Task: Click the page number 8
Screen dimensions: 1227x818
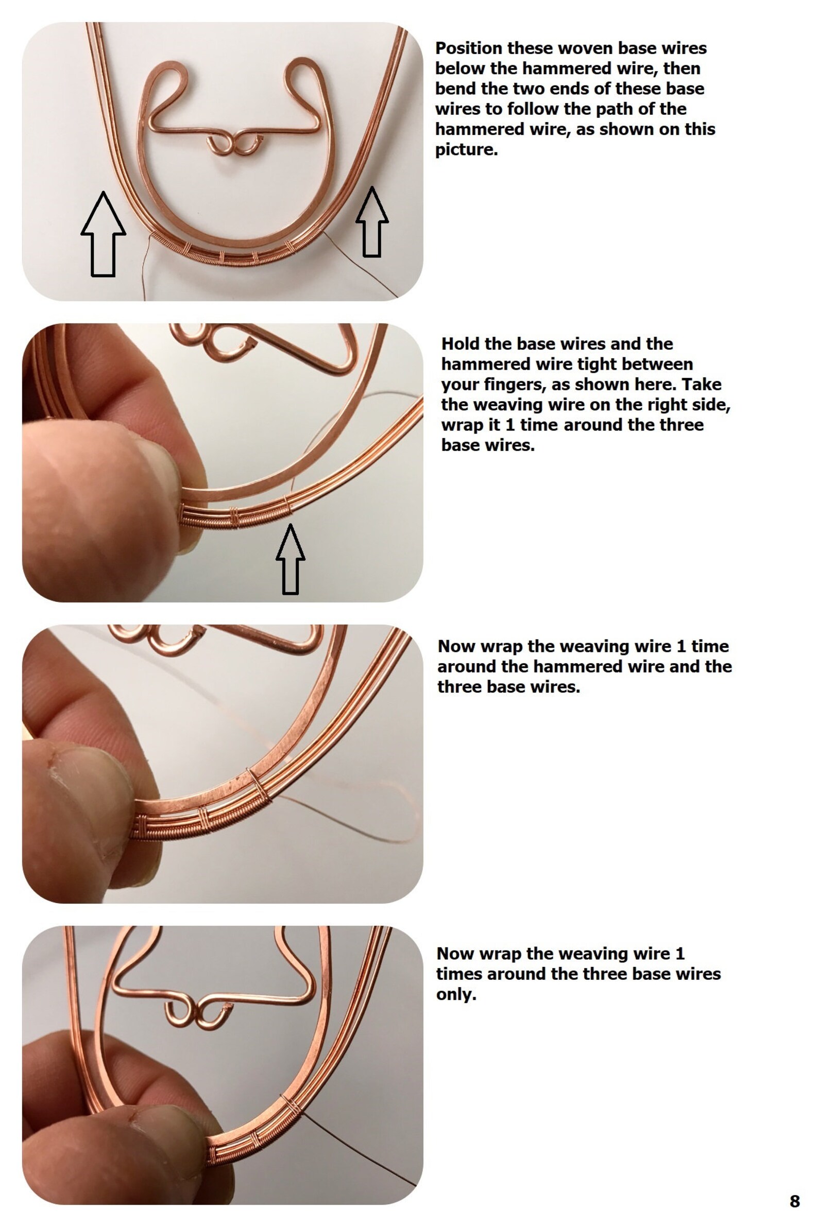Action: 794,1201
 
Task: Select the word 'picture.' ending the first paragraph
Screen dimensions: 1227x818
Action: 466,150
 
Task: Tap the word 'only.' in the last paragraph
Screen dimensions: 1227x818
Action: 456,994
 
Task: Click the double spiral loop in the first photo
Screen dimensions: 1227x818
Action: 234,145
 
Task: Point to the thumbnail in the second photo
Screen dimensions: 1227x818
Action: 151,454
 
